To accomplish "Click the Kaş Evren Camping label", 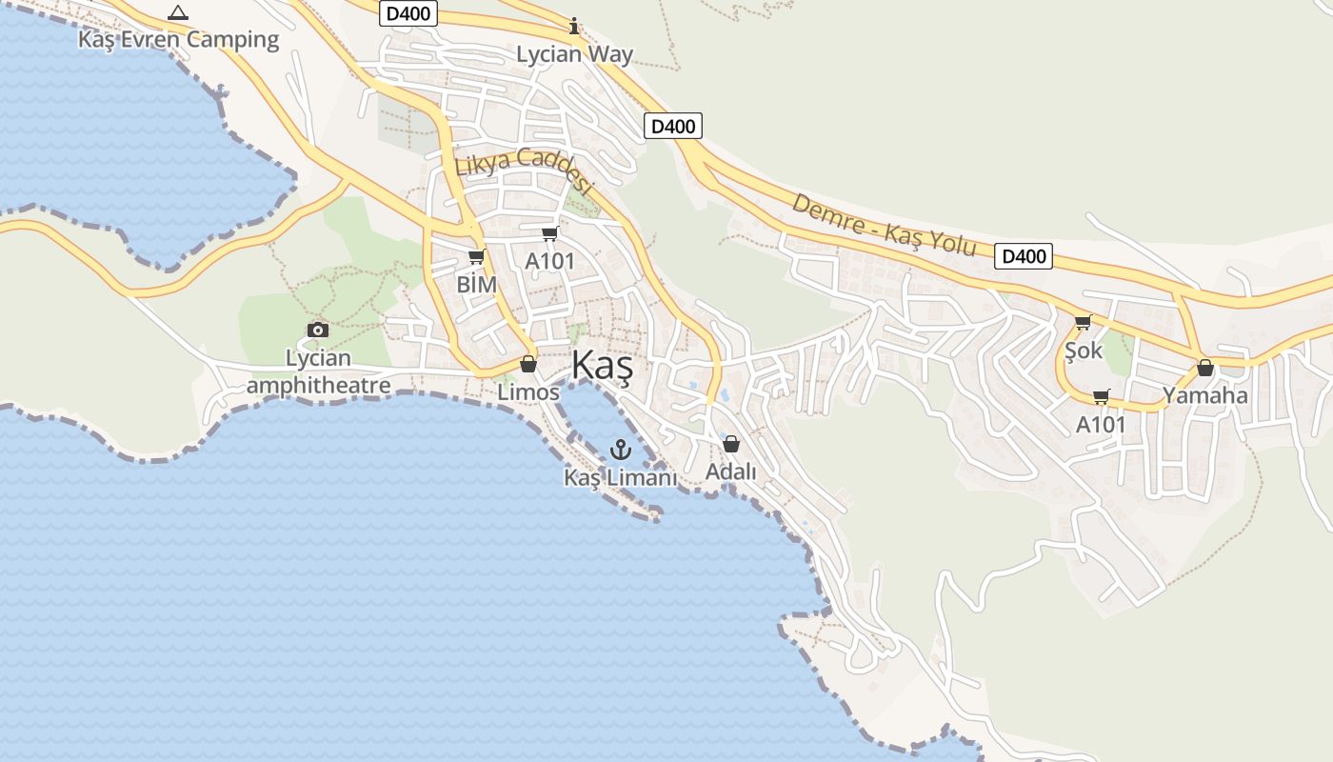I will coord(178,40).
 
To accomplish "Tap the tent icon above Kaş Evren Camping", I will coord(177,13).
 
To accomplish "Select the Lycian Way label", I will coord(574,54).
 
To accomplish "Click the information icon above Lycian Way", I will coord(574,26).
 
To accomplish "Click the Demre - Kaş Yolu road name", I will coord(884,225).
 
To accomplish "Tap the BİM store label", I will coord(477,284).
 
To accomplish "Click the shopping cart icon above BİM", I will coord(477,257).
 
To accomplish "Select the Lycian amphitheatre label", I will coord(318,371).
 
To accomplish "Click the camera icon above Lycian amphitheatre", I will coord(318,331).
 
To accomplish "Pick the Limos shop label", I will coord(528,391).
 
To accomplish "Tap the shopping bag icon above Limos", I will coord(528,365).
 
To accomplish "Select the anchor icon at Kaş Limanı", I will coord(621,449).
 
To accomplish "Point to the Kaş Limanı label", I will coord(621,477).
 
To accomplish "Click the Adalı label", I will coord(730,471).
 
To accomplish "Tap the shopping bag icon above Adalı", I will coord(731,444).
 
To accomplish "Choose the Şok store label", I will coord(1084,351).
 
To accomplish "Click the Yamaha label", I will coord(1204,395).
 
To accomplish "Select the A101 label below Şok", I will coord(1101,425).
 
